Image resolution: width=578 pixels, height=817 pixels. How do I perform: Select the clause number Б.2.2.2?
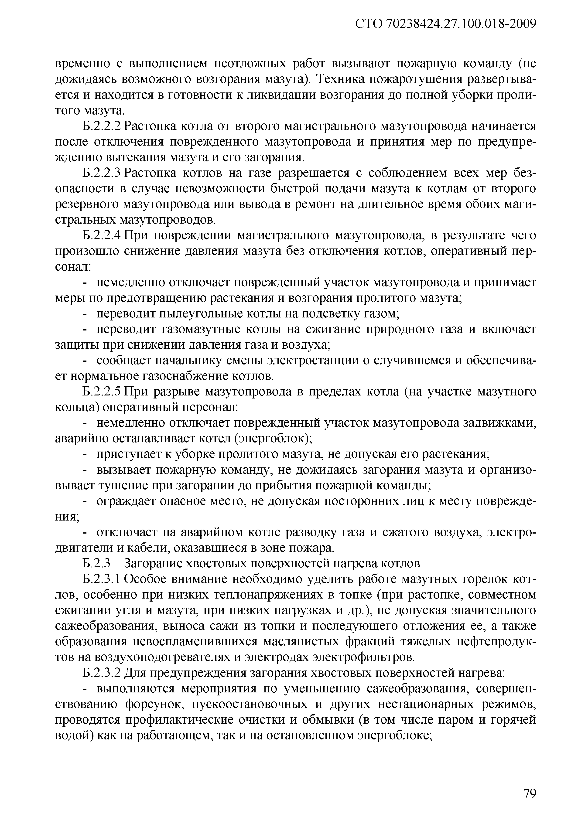(102, 126)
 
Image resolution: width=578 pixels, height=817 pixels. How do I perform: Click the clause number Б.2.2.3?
(102, 173)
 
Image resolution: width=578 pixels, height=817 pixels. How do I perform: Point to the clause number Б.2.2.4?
(102, 235)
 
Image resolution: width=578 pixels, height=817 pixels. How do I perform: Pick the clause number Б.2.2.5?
(102, 392)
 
